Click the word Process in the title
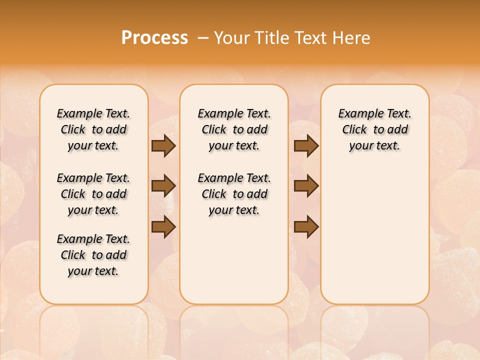[x=154, y=37]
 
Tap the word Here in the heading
[x=352, y=38]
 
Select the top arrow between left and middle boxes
[x=163, y=146]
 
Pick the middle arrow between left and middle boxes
[x=163, y=186]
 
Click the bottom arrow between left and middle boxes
[x=163, y=226]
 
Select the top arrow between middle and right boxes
[x=306, y=146]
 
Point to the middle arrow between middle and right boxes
[x=306, y=186]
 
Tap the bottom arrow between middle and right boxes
[x=306, y=226]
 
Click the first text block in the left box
[x=93, y=129]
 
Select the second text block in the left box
[x=93, y=194]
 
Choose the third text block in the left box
[x=93, y=255]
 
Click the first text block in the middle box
[x=234, y=129]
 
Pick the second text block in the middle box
[x=234, y=194]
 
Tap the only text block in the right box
[x=375, y=129]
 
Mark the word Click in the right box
[x=354, y=130]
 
